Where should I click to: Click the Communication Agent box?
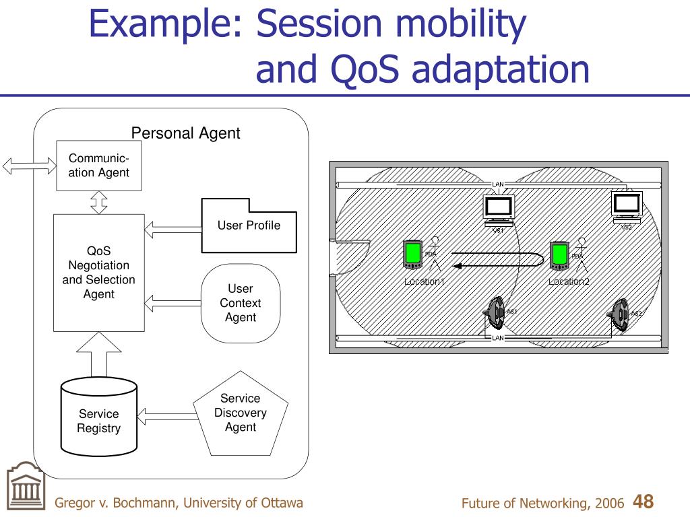coord(99,166)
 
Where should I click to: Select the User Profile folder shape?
coord(249,226)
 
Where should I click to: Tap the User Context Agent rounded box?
coord(241,303)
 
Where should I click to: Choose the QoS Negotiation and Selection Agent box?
coord(99,273)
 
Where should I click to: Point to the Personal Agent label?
coord(185,133)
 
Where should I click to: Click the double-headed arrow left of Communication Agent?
coord(29,166)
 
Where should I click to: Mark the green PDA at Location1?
coord(412,254)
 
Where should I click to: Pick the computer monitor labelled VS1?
coord(499,208)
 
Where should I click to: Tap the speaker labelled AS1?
coord(496,311)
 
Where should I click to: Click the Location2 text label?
coord(569,281)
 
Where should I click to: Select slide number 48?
coord(644,502)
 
